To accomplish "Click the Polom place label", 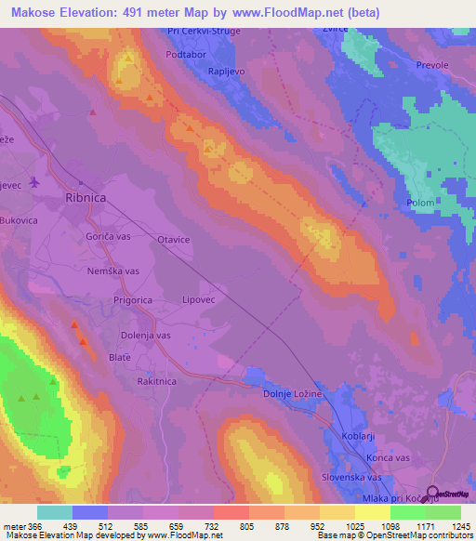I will (x=421, y=202).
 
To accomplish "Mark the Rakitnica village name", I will (x=156, y=381).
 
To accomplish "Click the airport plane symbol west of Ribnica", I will (x=35, y=181).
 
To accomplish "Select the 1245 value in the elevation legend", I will (x=460, y=526).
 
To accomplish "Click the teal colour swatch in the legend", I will (x=55, y=512).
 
